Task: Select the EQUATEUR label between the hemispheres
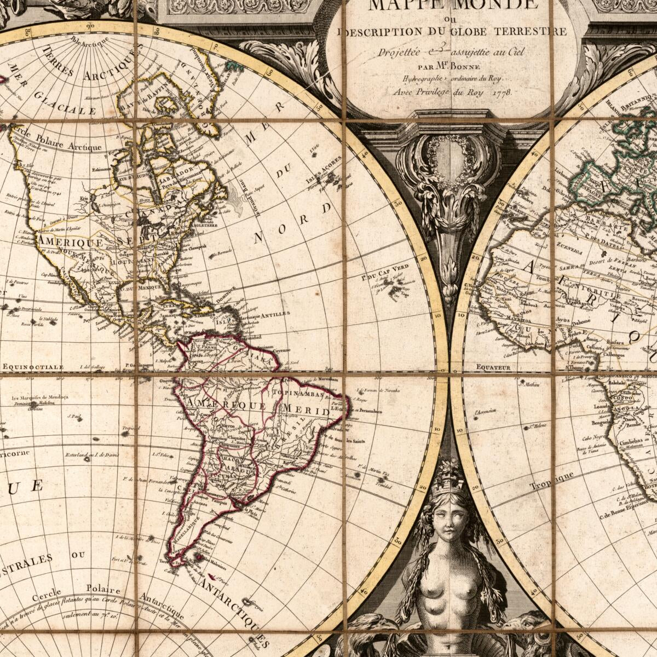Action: [x=493, y=367]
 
